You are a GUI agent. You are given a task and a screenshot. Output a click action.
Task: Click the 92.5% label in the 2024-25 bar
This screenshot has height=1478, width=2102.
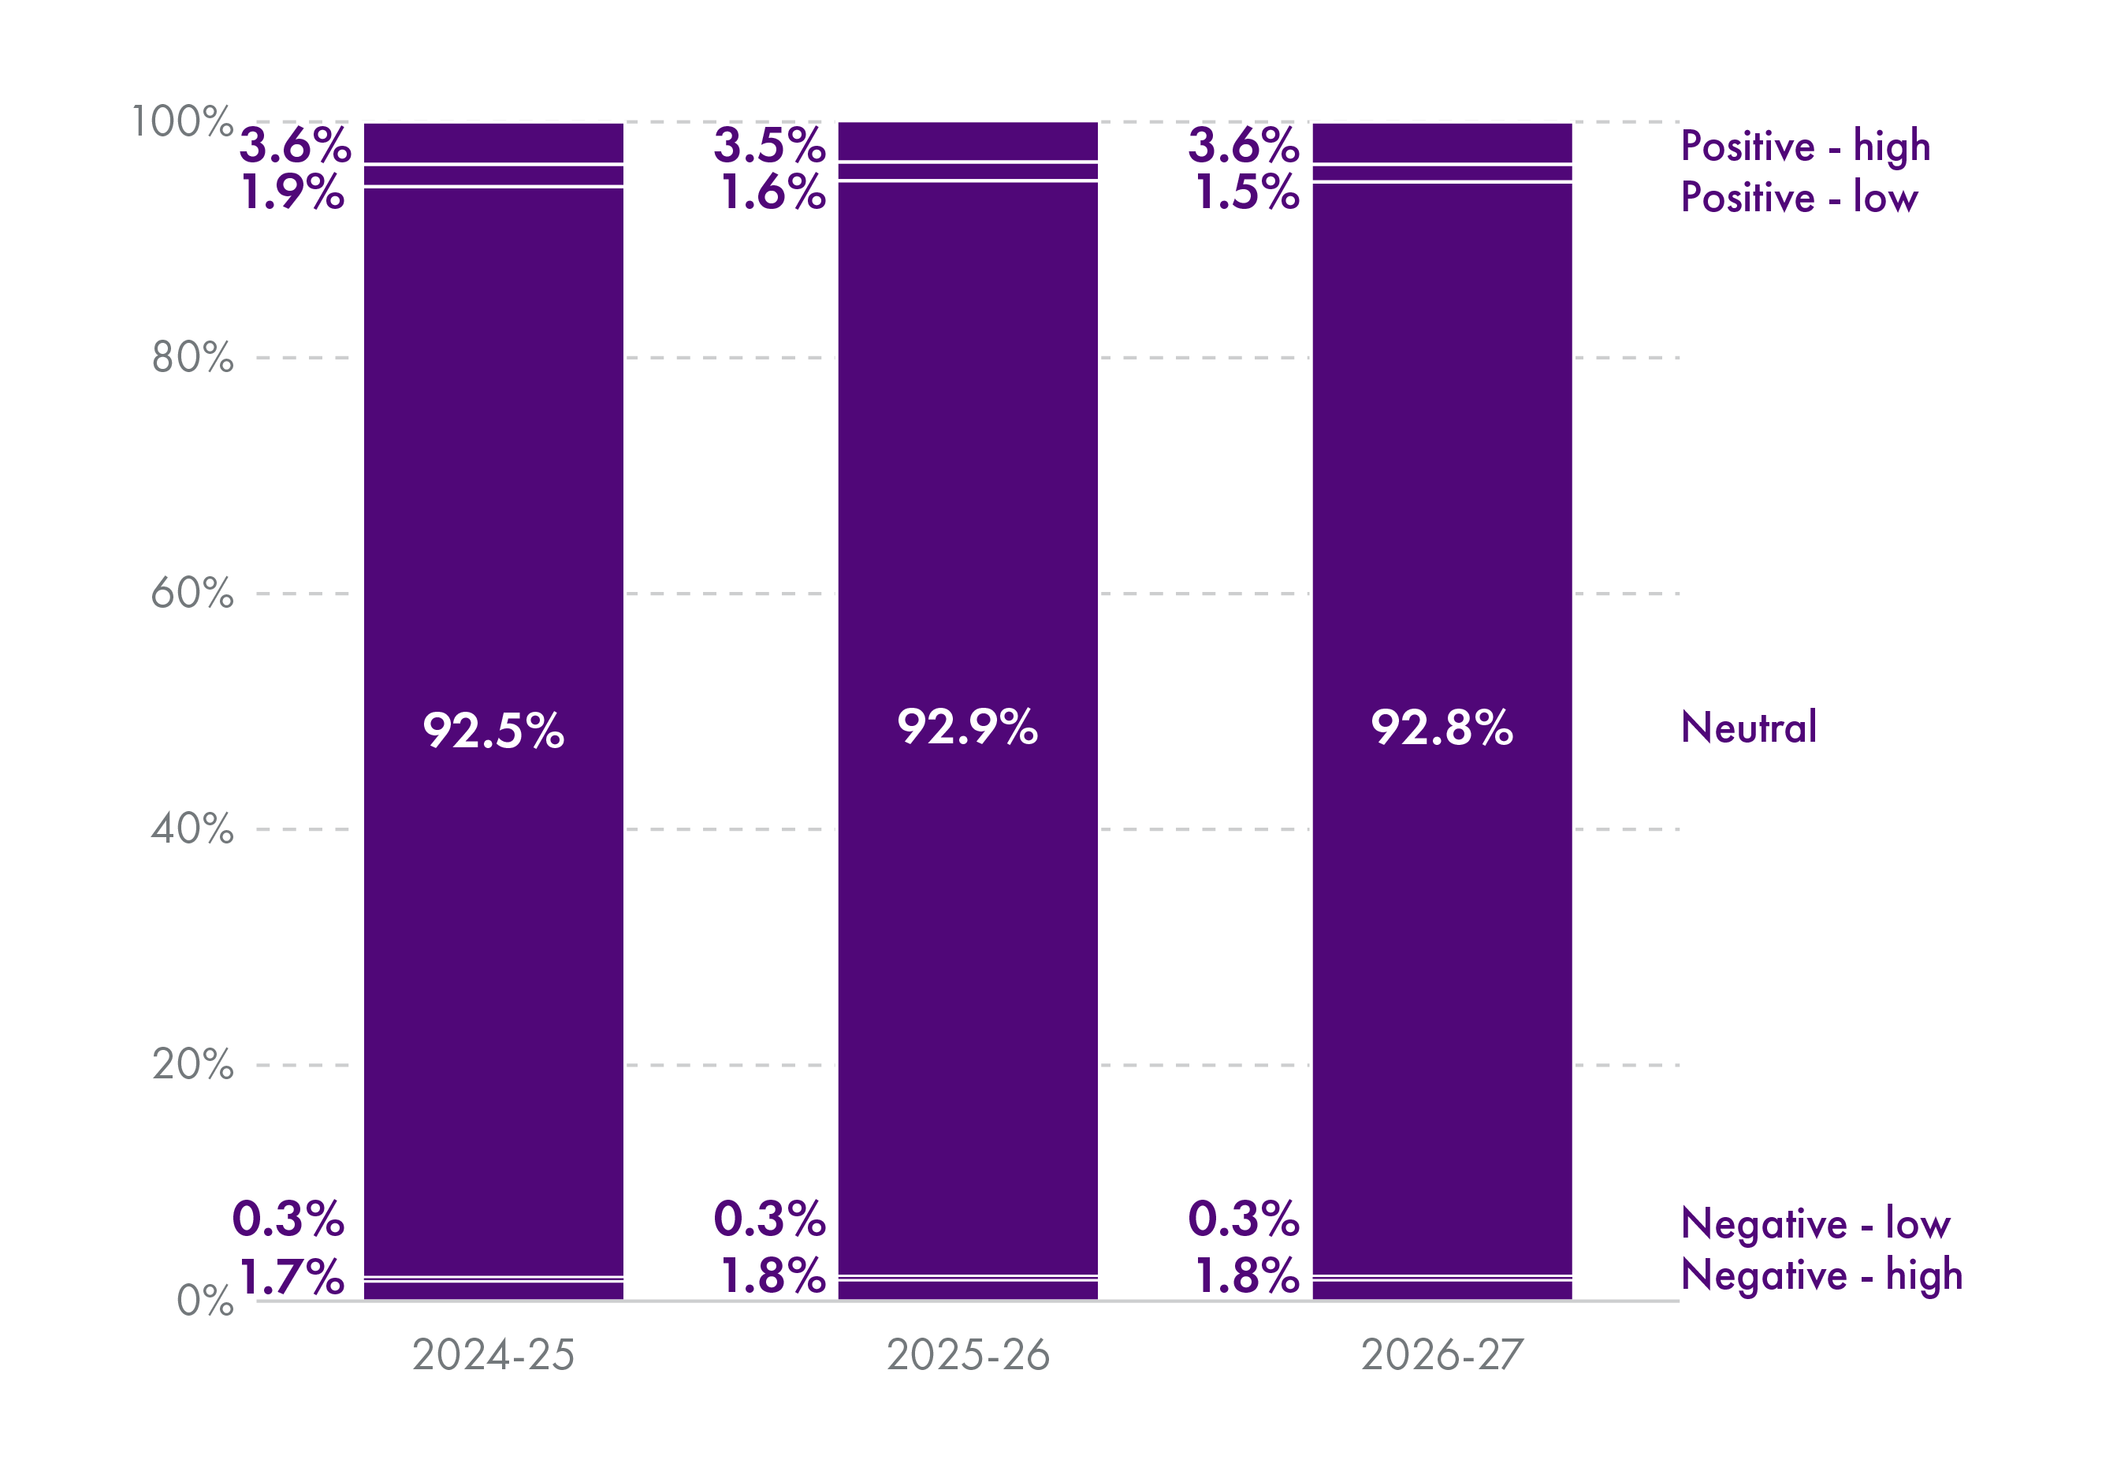click(x=493, y=731)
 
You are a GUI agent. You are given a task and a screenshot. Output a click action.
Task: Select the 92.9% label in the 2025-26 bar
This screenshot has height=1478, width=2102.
click(x=967, y=727)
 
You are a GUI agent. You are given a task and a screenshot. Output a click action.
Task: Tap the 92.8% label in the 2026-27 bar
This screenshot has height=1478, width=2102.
click(x=1441, y=728)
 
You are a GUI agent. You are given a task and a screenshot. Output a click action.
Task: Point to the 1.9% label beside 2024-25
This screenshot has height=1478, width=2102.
click(x=293, y=192)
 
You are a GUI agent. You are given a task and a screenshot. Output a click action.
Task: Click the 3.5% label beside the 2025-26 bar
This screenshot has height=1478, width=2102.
click(x=769, y=145)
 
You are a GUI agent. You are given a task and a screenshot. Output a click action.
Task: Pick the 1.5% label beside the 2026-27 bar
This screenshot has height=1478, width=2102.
click(x=1247, y=192)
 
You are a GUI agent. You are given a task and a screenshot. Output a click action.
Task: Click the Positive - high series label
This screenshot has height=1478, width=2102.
click(x=1806, y=147)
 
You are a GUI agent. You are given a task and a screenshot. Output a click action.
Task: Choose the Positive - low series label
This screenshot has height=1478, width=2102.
click(x=1799, y=198)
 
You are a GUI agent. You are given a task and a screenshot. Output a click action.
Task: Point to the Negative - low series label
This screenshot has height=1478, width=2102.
click(x=1815, y=1223)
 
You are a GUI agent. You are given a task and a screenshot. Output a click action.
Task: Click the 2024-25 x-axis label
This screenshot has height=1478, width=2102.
click(x=493, y=1355)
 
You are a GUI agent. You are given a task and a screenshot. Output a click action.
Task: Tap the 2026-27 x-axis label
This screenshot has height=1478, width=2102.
click(x=1442, y=1355)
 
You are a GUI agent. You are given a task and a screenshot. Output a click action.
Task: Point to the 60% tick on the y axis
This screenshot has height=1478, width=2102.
click(x=192, y=594)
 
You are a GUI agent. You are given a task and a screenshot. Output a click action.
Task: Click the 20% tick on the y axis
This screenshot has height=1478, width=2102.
click(x=192, y=1065)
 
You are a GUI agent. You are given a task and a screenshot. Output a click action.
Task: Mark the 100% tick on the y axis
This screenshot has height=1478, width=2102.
click(x=182, y=122)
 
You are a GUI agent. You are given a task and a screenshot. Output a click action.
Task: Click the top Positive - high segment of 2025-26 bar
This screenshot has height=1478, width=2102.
click(x=968, y=141)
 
